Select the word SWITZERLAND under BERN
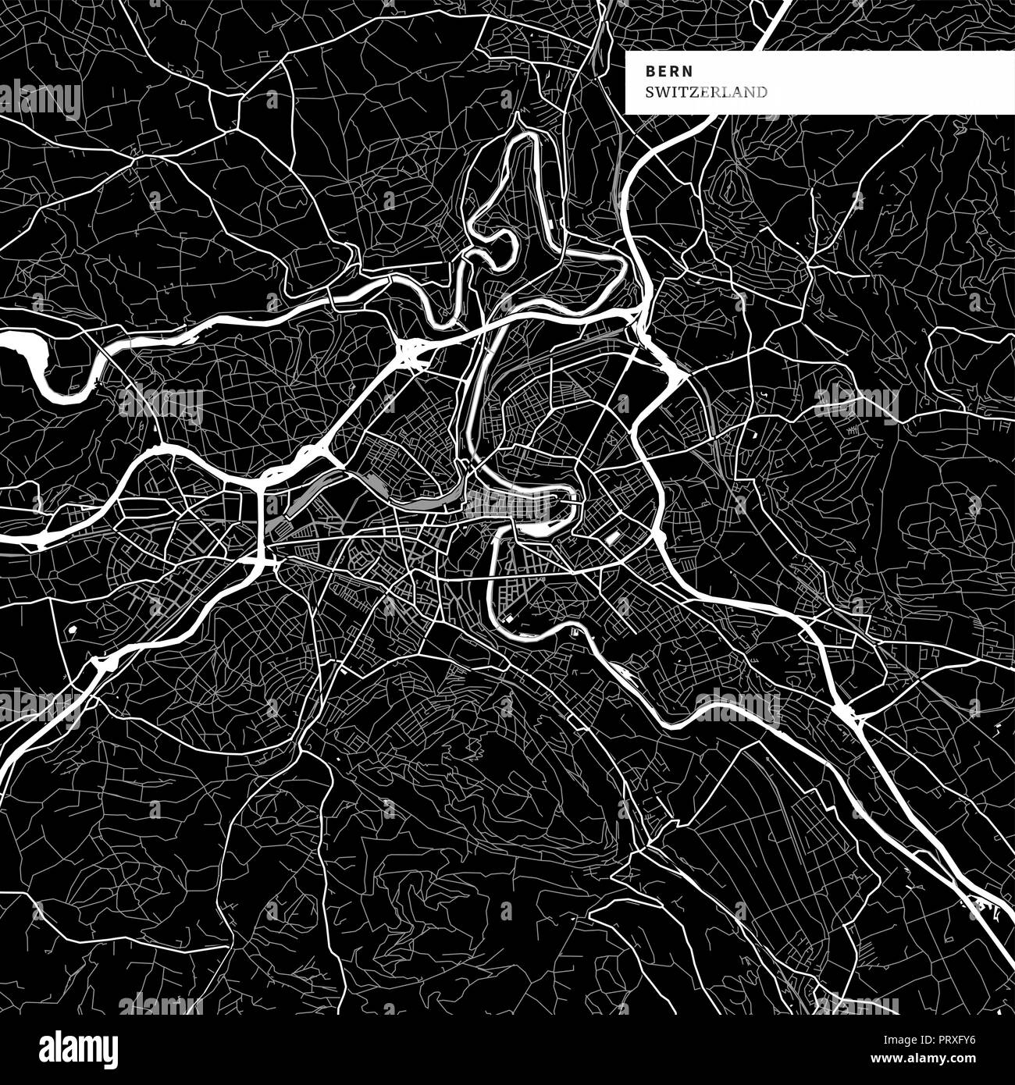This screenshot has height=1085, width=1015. tap(706, 92)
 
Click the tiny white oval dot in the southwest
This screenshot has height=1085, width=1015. tap(72, 628)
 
